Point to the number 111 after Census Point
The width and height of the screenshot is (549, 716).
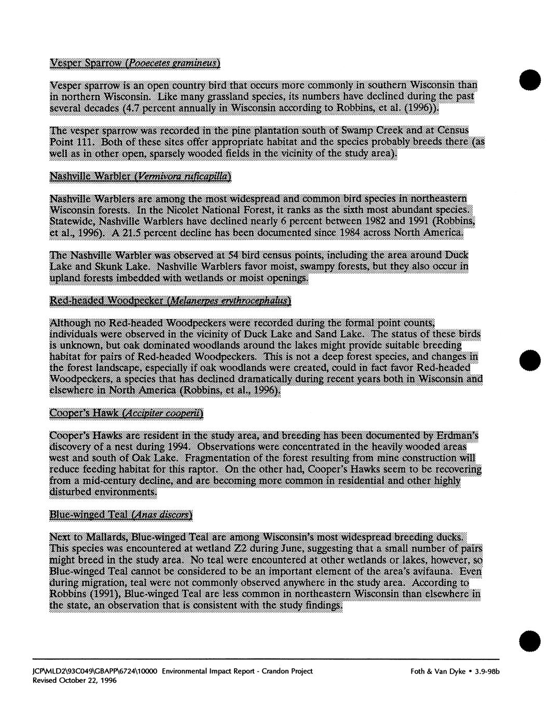86,143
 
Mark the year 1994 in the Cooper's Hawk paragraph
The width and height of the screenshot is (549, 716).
181,446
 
